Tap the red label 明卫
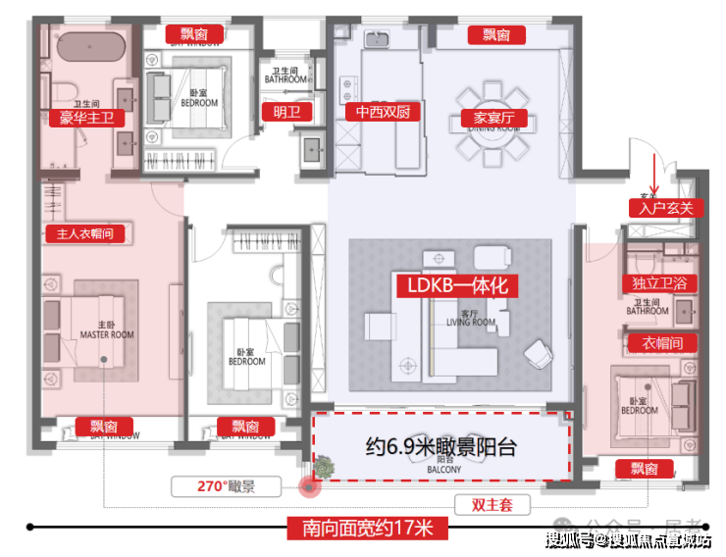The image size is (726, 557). (x=286, y=113)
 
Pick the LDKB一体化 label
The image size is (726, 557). (x=456, y=286)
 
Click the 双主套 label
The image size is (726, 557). (x=493, y=505)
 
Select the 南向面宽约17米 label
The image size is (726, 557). (x=368, y=529)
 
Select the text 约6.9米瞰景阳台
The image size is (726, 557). (x=441, y=447)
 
